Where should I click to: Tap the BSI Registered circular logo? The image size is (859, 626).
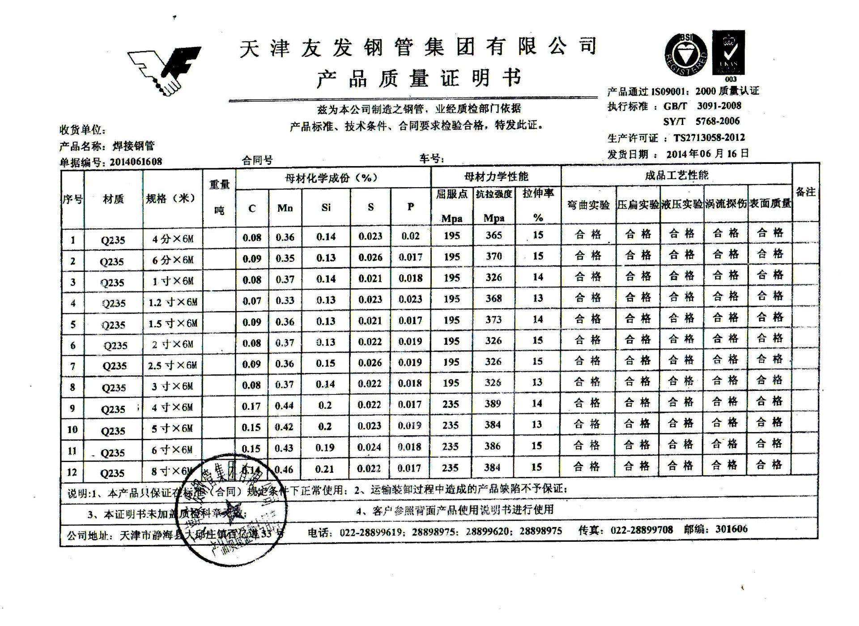click(x=685, y=55)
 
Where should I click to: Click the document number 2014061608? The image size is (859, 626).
click(x=136, y=162)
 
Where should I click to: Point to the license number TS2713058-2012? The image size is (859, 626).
click(x=709, y=137)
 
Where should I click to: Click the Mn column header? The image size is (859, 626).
click(x=285, y=208)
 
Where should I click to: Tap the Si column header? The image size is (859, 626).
click(x=326, y=207)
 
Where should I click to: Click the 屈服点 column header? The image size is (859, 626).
click(x=451, y=194)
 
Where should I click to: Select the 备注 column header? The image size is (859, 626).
click(x=806, y=192)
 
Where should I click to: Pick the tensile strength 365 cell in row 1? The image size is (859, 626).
click(x=494, y=235)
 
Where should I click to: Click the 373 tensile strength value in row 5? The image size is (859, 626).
click(x=493, y=320)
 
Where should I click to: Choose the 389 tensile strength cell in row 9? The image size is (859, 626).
click(x=493, y=404)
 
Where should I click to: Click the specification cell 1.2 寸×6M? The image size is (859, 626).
click(x=173, y=303)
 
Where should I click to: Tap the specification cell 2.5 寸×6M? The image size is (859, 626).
click(x=172, y=366)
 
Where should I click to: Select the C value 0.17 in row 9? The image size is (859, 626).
click(x=251, y=406)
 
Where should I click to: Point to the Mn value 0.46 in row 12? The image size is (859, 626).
click(x=284, y=470)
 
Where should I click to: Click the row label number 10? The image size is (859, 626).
click(x=72, y=430)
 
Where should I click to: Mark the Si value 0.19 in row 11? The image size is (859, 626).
click(x=325, y=447)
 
